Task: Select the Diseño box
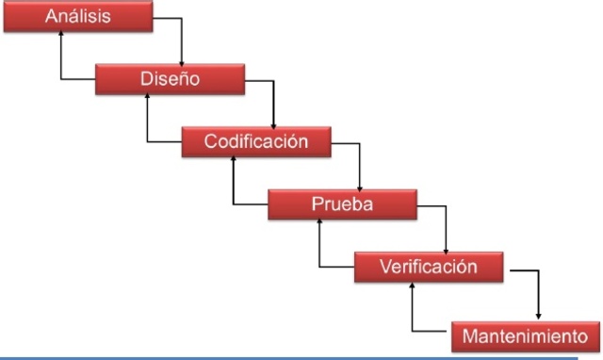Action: (x=170, y=79)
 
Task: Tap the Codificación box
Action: (x=257, y=142)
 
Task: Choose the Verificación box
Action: (x=428, y=267)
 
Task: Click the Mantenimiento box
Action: (x=525, y=334)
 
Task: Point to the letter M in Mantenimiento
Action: (x=469, y=335)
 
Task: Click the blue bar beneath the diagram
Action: (x=301, y=356)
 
